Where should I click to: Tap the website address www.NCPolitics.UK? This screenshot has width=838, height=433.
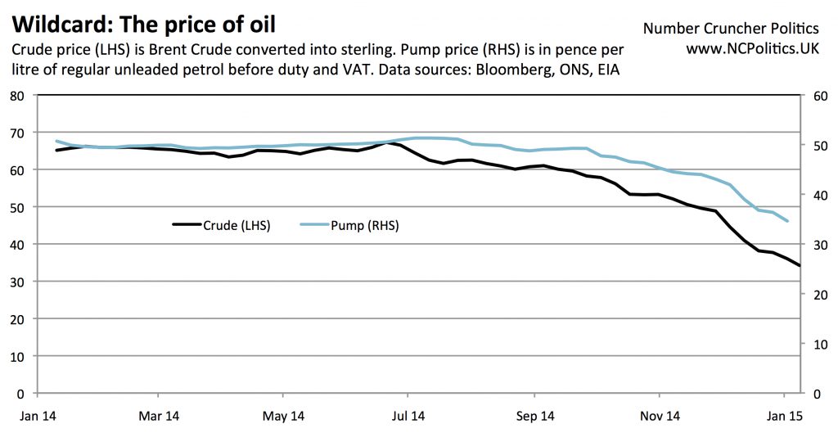click(752, 49)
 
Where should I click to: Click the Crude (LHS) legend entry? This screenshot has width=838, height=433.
click(222, 225)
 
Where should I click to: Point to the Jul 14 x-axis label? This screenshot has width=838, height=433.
click(408, 416)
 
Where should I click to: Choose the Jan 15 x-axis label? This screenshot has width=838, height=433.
click(784, 416)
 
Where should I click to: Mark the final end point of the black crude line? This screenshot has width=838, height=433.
click(800, 265)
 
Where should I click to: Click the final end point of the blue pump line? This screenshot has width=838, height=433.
click(787, 221)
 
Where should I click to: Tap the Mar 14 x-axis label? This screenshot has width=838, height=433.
click(159, 416)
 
